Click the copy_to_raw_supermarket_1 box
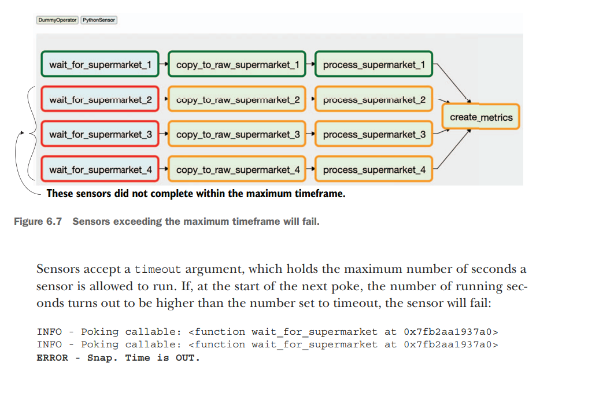pos(238,65)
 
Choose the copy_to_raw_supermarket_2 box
pos(238,99)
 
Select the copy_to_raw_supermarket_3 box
pos(238,135)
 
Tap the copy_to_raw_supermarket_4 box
pos(238,170)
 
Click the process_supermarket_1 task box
pos(374,65)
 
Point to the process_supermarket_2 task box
pos(374,99)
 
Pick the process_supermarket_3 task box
pos(374,135)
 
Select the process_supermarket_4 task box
pos(374,170)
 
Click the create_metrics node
pos(481,117)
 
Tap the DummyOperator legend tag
pos(57,20)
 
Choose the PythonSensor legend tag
pos(99,20)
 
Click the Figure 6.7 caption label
pos(38,222)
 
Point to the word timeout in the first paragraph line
pos(158,269)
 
